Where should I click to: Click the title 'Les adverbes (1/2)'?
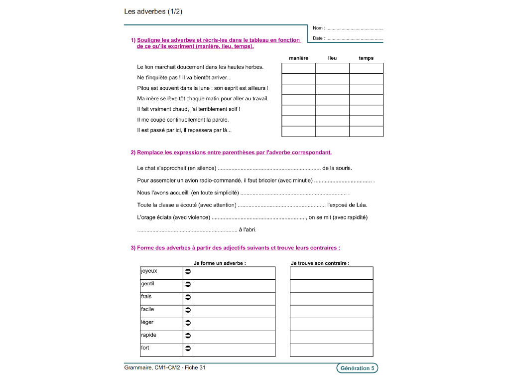[153, 11]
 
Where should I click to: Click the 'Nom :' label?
[318, 28]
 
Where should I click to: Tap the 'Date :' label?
[318, 38]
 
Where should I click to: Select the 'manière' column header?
[298, 58]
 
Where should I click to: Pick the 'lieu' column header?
[332, 58]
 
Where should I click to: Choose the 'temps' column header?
[366, 58]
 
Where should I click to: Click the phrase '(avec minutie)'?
[296, 181]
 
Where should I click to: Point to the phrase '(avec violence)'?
[192, 217]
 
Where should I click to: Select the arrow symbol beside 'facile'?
[188, 311]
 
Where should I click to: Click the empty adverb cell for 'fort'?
[234, 350]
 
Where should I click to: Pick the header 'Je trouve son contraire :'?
[320, 263]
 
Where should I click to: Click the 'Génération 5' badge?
[357, 369]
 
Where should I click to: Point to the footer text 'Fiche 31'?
[195, 368]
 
